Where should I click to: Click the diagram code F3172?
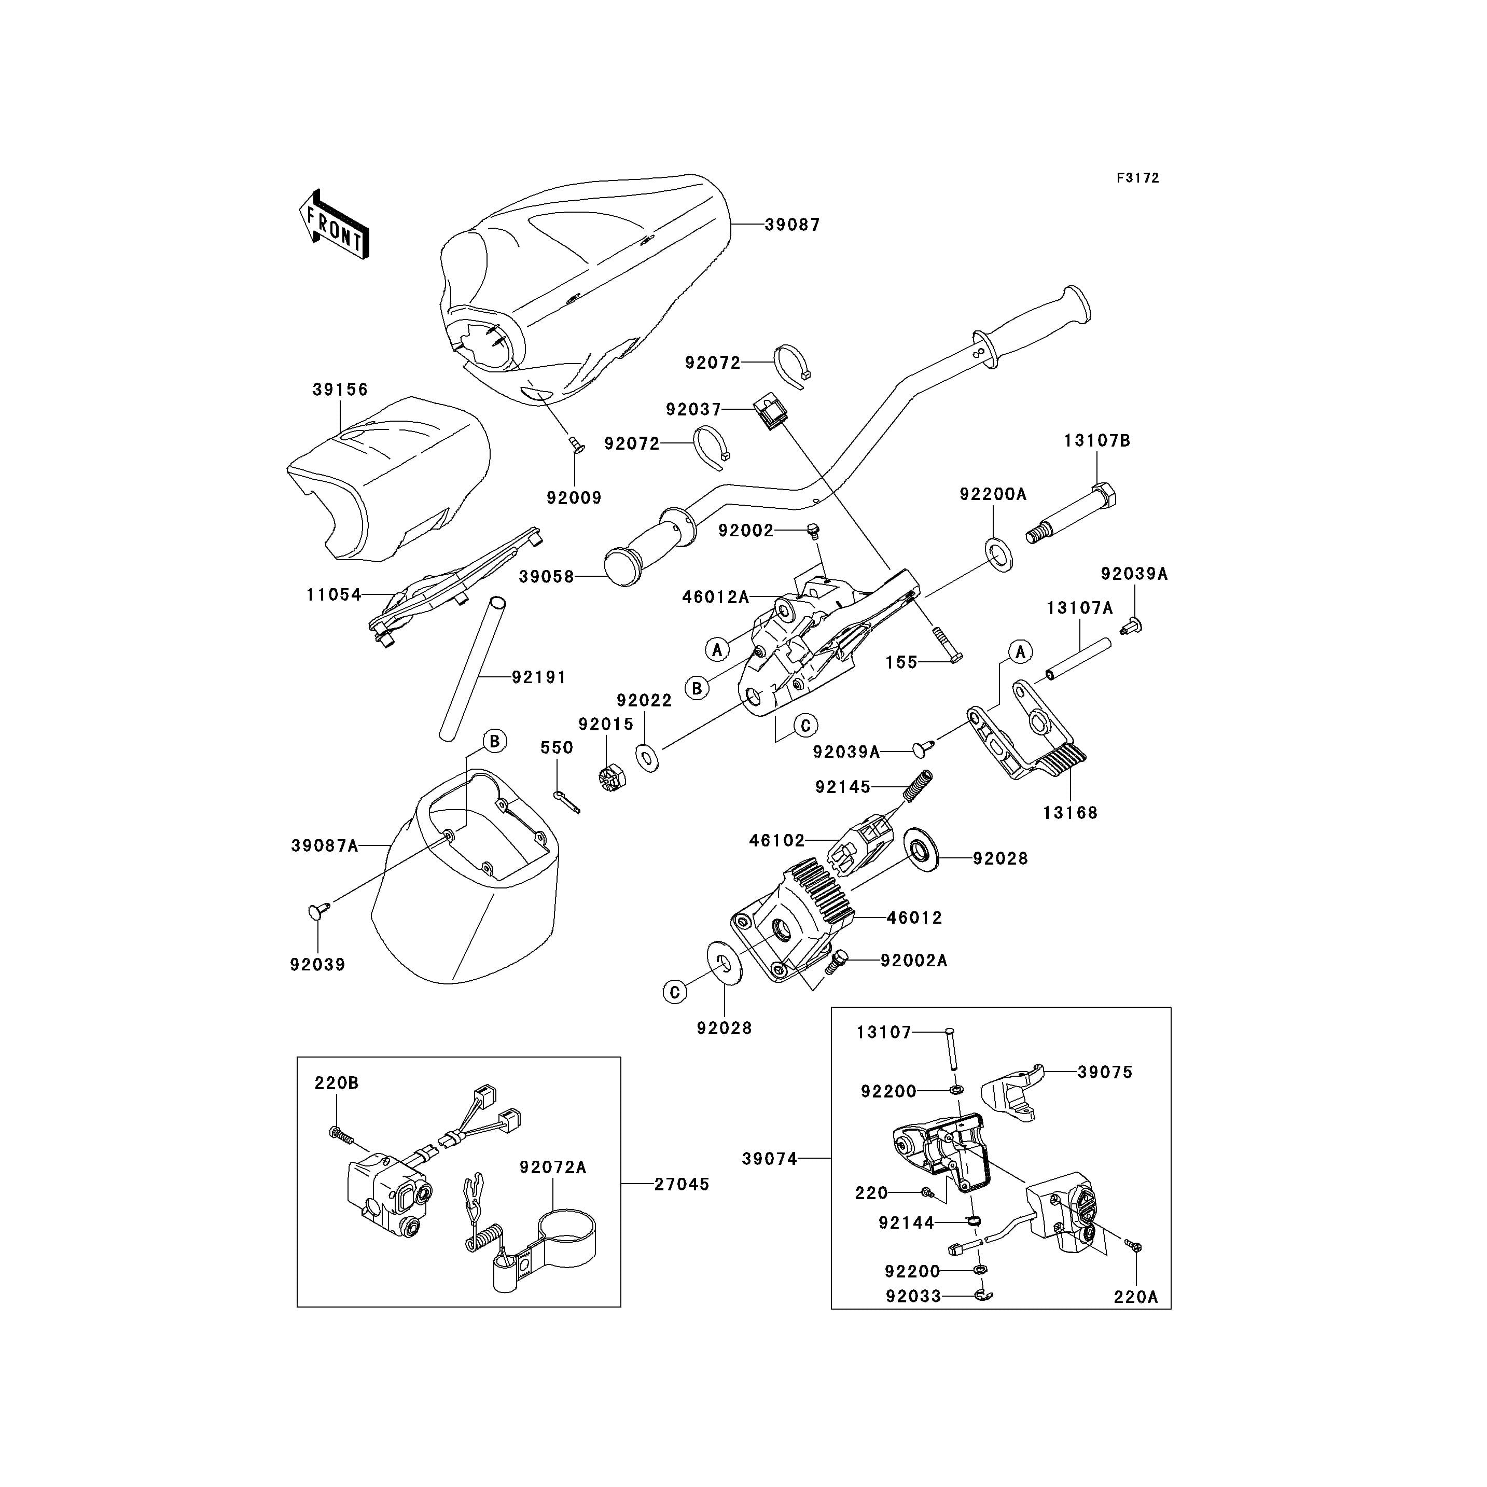point(1137,178)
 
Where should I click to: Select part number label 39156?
point(340,390)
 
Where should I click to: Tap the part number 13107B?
point(1097,441)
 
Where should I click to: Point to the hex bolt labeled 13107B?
point(1072,511)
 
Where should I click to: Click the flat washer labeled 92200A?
point(999,553)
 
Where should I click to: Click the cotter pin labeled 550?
point(566,802)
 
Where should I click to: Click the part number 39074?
point(770,1180)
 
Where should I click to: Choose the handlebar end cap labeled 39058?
point(623,566)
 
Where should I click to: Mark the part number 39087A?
point(324,846)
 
